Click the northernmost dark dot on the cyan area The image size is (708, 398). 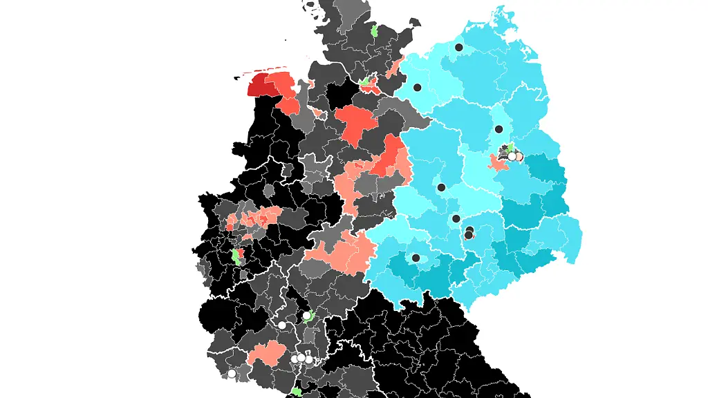pos(459,48)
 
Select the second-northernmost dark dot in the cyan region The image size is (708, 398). pos(418,88)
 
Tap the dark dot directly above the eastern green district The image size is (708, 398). pos(499,129)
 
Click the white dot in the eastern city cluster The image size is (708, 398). pos(512,157)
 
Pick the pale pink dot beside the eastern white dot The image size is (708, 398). pos(519,157)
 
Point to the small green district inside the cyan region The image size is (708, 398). pos(510,148)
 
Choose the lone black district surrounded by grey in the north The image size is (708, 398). pos(341,93)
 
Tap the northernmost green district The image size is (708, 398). pos(374,30)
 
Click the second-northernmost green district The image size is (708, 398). pos(365,82)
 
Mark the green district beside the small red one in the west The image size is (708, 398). pos(236,256)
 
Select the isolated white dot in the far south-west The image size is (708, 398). pos(232,374)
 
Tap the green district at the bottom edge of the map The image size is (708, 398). pos(296,391)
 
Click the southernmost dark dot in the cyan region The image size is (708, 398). pos(416,258)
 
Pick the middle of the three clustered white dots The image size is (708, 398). pos(301,359)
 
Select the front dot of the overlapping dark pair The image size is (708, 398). pos(468,235)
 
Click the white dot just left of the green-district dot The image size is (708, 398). pos(282,325)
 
